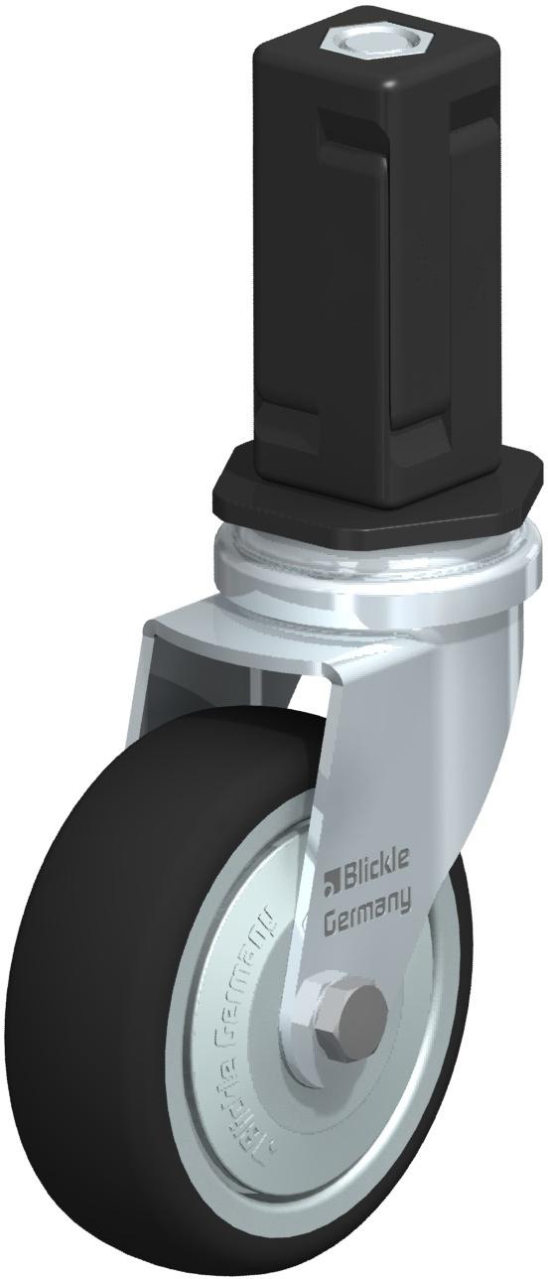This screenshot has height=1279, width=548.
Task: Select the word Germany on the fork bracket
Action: click(x=367, y=904)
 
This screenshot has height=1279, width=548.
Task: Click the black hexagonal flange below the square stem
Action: click(x=377, y=497)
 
